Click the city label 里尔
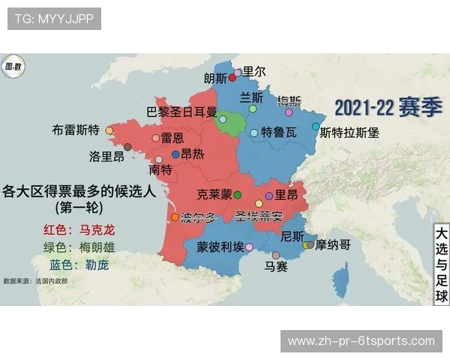point(253,72)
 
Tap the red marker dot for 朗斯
point(232,78)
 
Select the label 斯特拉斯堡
point(349,132)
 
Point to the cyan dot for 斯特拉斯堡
point(316,126)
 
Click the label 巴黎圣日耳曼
point(181,112)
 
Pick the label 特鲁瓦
point(278,133)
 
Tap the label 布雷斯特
point(75,129)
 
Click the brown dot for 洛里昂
point(127,147)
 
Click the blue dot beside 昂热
point(175,154)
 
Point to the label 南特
point(161,169)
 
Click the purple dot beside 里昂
point(268,195)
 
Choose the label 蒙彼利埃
point(220,247)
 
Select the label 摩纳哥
point(332,244)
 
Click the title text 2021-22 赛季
point(388,108)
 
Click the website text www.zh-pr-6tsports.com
point(361,341)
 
